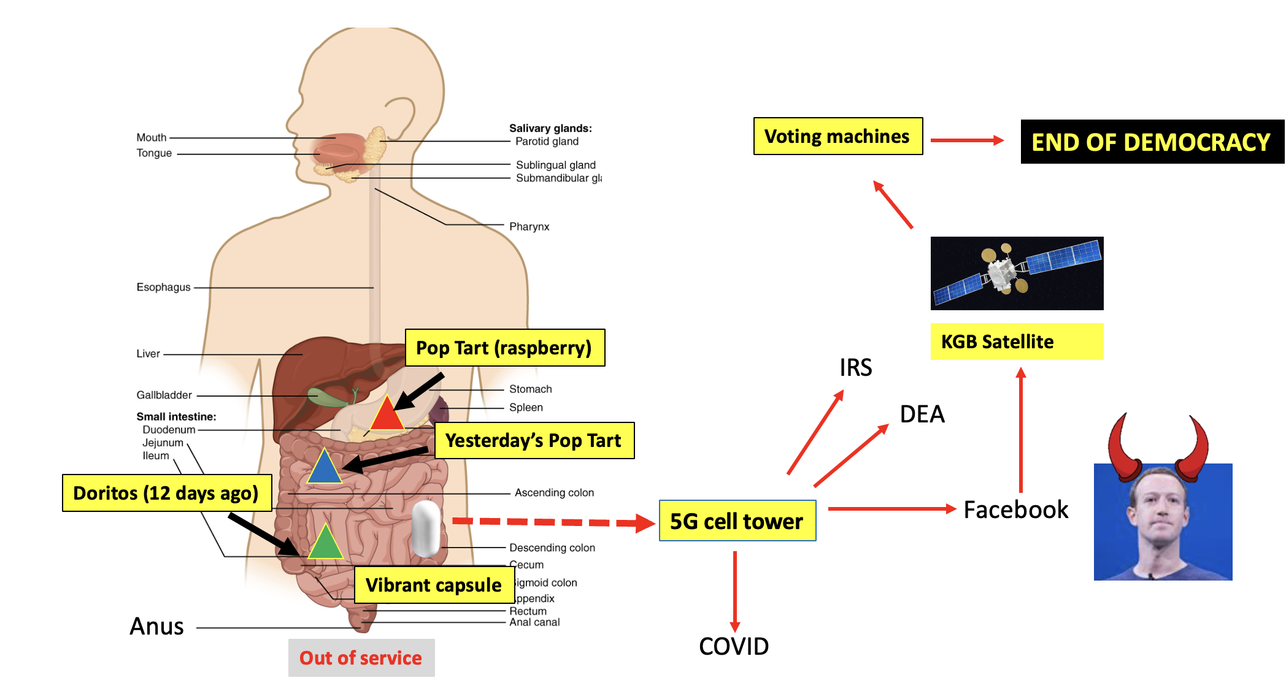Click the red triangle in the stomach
pos(387,416)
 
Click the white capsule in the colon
pos(426,528)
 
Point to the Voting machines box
pos(837,136)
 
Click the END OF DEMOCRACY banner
pos(1151,142)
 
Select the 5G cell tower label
pos(737,521)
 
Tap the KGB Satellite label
pos(1016,341)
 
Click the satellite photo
pos(1017,273)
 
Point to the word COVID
pos(734,646)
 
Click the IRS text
pos(855,368)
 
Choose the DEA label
pos(922,414)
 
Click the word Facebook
pos(1015,509)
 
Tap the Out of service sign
pos(361,658)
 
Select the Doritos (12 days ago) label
pos(166,493)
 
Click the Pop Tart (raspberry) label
pos(504,348)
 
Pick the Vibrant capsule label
pos(434,585)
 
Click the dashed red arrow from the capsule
pos(552,522)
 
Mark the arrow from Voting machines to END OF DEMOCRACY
pos(967,140)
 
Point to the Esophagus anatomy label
pos(163,287)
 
